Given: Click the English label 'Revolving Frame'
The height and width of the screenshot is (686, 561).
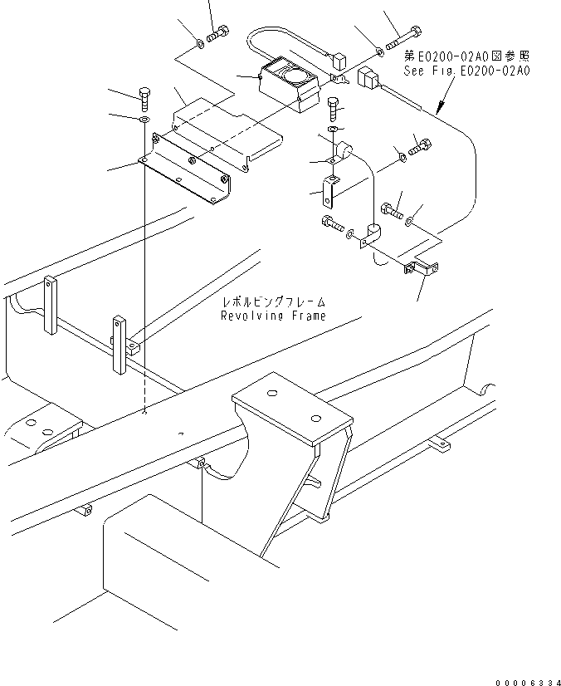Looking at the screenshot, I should tap(273, 316).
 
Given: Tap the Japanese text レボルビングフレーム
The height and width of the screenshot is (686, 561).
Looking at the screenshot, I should tap(273, 302).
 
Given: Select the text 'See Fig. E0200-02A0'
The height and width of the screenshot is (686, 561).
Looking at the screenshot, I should tap(466, 71).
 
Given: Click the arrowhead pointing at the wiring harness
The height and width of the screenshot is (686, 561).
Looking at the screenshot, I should tap(437, 109).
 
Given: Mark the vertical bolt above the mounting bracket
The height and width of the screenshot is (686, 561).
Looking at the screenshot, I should tap(145, 98).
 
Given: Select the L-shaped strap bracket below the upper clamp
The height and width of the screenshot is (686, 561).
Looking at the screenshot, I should tap(329, 191).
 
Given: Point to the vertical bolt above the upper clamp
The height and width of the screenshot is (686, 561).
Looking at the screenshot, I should tap(334, 107).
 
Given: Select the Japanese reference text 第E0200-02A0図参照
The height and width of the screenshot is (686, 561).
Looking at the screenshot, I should tap(466, 56).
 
